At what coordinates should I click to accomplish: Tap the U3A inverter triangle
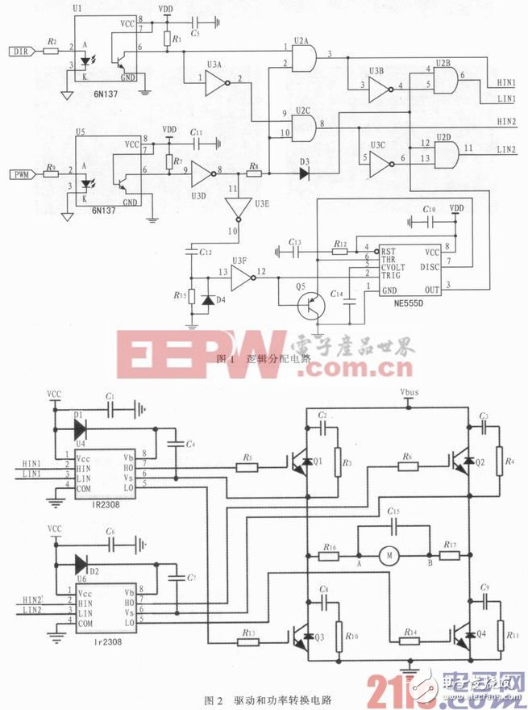(x=216, y=79)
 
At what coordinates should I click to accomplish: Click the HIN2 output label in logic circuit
(x=505, y=121)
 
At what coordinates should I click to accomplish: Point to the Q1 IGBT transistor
(x=304, y=462)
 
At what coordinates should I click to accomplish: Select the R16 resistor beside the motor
(x=330, y=556)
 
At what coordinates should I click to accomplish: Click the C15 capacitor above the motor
(x=393, y=522)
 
